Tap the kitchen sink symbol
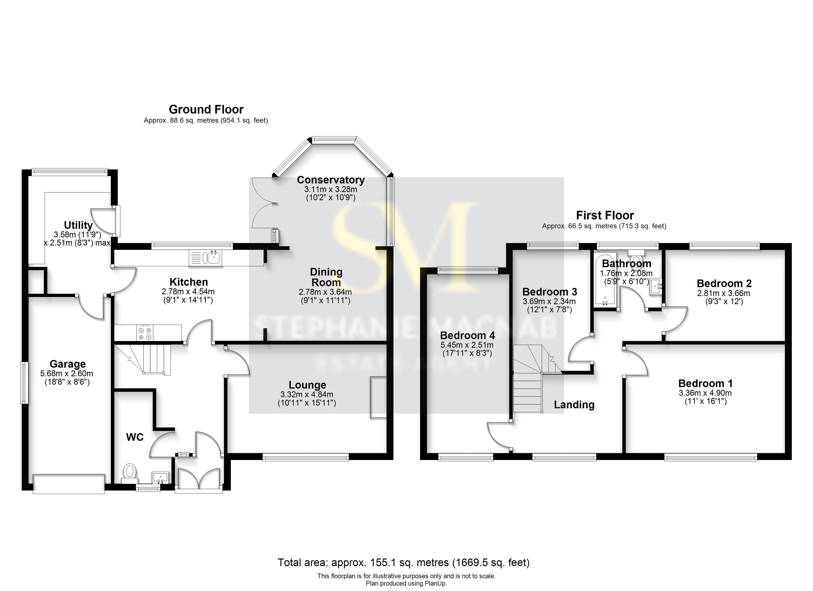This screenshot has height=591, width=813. point(206,258)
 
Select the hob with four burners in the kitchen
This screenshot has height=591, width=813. point(145,333)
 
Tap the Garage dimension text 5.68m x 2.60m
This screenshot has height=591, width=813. point(67,374)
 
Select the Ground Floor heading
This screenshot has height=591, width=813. point(206,109)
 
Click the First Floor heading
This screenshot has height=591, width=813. point(605,215)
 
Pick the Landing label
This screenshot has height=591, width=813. point(574,405)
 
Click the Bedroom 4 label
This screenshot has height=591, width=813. point(467,335)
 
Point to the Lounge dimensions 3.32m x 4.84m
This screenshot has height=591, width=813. point(307,394)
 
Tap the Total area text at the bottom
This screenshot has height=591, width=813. point(403,562)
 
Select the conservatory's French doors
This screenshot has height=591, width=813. point(264,203)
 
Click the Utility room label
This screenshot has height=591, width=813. point(78,225)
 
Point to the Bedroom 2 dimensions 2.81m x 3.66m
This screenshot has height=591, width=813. point(723,293)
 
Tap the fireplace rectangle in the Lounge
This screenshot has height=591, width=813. point(378,397)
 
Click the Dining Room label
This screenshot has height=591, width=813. point(326,277)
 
